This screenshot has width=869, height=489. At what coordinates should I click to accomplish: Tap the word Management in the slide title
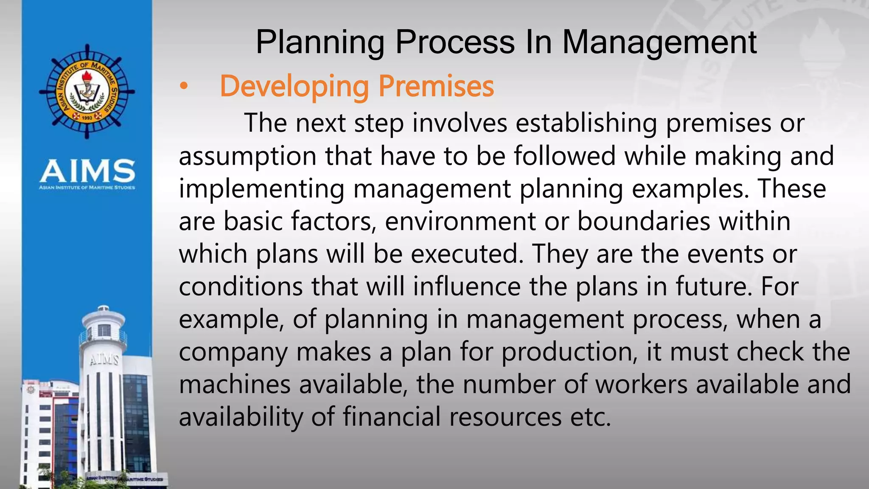click(x=659, y=42)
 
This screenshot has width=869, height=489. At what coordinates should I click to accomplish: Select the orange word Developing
click(x=294, y=87)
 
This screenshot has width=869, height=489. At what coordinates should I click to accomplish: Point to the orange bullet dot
click(x=183, y=87)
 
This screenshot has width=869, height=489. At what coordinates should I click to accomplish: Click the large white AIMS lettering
click(x=87, y=171)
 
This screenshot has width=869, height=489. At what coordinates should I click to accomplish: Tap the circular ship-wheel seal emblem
click(x=87, y=91)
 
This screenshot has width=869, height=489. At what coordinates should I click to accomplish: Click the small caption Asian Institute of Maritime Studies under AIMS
click(x=87, y=187)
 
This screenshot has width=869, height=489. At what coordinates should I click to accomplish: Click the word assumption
click(x=247, y=156)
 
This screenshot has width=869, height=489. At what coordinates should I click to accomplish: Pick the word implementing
click(x=261, y=189)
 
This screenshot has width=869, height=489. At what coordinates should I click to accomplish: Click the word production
click(x=569, y=352)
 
